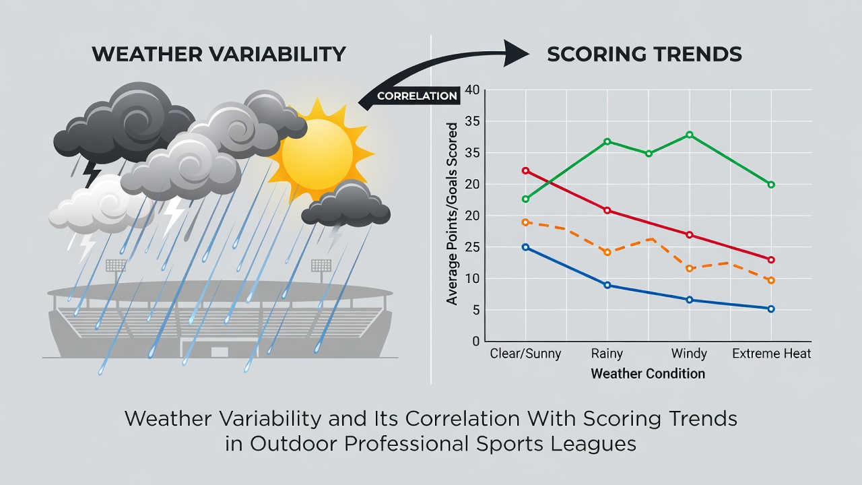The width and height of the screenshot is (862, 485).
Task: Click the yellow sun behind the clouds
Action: [x=317, y=154]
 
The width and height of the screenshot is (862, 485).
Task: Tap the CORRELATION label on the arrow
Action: [x=417, y=96]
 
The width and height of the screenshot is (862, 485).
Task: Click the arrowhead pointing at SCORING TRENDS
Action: [x=516, y=53]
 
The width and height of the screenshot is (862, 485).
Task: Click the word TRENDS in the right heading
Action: [x=698, y=54]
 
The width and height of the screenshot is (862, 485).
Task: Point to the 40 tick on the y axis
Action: [x=472, y=90]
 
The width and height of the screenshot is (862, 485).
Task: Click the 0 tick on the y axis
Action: [x=476, y=342]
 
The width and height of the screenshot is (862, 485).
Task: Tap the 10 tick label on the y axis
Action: [x=473, y=279]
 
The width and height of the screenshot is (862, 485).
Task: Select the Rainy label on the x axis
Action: [x=607, y=354]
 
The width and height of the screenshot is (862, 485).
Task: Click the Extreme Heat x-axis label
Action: [x=771, y=354]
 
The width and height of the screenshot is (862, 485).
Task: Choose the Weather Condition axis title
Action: [x=648, y=374]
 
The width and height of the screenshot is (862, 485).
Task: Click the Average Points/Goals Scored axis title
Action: [x=452, y=214]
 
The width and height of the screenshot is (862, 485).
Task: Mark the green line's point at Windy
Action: [x=689, y=135]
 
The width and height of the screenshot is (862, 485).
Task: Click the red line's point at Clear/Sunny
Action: [x=526, y=170]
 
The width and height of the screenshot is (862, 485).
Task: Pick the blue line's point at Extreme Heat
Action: [x=771, y=309]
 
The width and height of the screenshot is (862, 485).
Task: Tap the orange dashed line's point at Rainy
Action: [x=607, y=253]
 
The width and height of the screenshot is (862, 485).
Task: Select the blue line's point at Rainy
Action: [x=607, y=285]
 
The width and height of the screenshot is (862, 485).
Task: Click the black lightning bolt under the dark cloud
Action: [x=92, y=174]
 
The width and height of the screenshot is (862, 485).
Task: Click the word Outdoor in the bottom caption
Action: [x=293, y=444]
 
